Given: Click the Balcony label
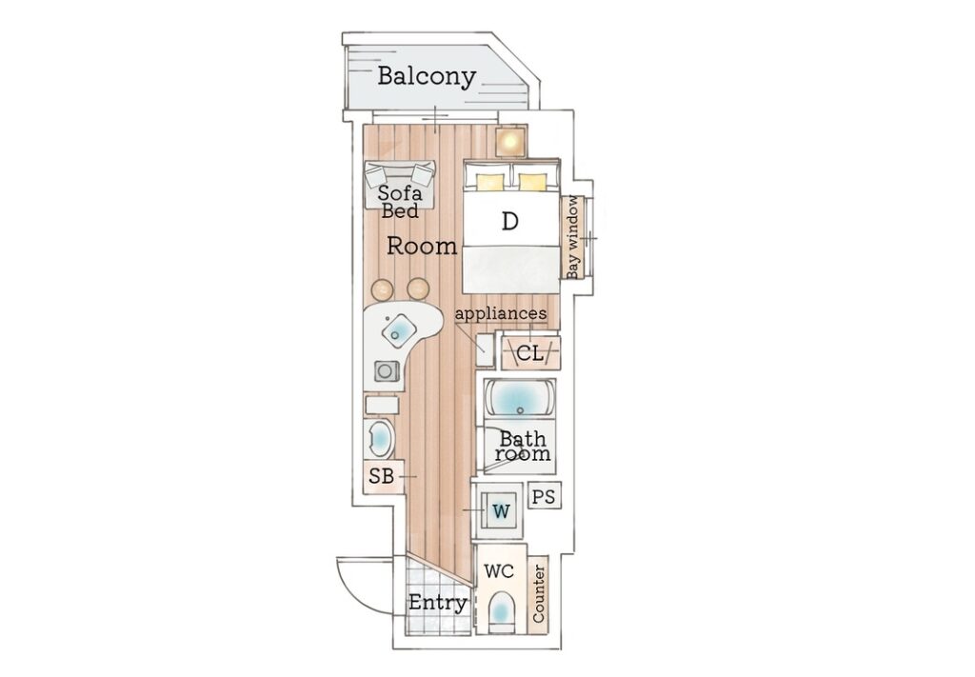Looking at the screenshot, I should [426, 77].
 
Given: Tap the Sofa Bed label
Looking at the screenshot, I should [401, 203].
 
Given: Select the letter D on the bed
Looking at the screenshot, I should [510, 222].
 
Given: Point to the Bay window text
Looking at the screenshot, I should [573, 237].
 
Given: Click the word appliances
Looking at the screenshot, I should [501, 313].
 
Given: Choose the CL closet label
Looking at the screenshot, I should [529, 354].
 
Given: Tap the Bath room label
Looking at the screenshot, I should [523, 447].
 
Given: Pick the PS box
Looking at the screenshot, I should [544, 496].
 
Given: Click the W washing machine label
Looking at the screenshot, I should [501, 511].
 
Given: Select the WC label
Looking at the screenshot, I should [500, 572].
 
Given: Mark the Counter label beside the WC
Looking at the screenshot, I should [539, 594].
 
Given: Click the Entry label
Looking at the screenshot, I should [437, 603].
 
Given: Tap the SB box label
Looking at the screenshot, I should [381, 476].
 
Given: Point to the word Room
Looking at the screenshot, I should [422, 247].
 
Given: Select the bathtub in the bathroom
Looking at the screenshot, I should [520, 397].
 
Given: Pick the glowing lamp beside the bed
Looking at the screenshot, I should [510, 141].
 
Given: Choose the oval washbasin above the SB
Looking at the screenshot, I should [380, 440].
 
